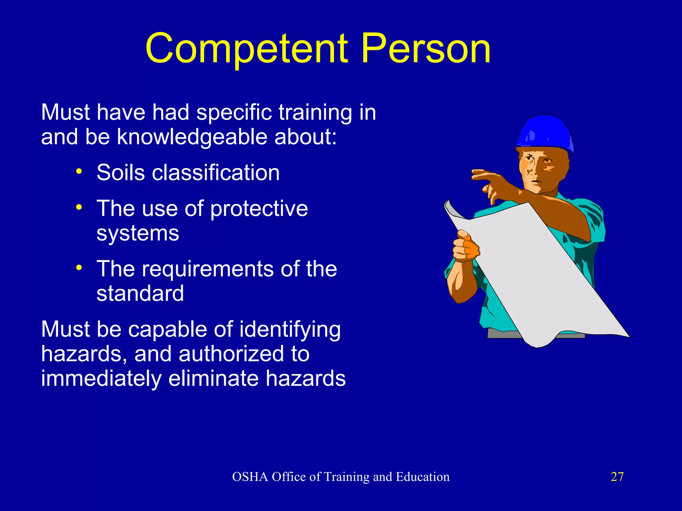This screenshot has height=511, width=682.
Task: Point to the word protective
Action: point(259,209)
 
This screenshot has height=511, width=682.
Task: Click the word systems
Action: point(138,234)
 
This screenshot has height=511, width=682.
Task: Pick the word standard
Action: point(140,293)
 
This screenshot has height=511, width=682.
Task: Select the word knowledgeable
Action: point(192,137)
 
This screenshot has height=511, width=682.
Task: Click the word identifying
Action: point(290,330)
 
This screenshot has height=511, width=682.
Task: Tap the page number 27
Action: point(617,477)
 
